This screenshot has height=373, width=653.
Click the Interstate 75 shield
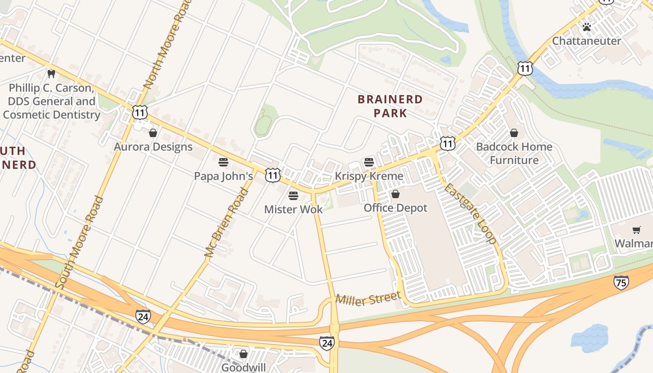(621, 282)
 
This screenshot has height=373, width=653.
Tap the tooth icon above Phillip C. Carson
(51, 74)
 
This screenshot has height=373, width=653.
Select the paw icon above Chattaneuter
(586, 27)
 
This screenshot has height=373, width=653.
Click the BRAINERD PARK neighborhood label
(390, 106)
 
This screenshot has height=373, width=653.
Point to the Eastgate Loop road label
(470, 214)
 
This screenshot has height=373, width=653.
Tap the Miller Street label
(368, 298)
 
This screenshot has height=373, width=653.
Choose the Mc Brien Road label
(226, 222)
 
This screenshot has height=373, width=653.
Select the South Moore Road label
(79, 242)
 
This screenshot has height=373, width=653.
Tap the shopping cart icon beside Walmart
(636, 230)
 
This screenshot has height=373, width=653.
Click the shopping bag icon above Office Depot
(396, 194)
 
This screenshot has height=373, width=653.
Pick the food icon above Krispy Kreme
(369, 162)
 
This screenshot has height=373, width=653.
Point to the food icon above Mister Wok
(293, 195)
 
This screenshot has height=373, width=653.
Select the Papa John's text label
(223, 176)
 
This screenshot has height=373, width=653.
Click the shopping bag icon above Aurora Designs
(153, 133)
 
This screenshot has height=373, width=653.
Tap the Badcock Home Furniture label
(514, 153)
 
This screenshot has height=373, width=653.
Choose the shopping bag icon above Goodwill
(243, 354)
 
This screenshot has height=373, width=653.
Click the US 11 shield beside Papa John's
(273, 175)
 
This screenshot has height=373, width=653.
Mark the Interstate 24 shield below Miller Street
(327, 343)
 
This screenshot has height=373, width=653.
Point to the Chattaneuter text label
(586, 41)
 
